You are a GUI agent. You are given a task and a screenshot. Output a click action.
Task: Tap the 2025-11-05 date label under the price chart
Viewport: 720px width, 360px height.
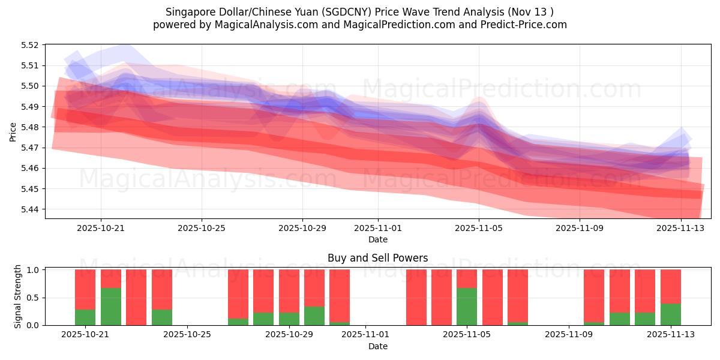(x=479, y=228)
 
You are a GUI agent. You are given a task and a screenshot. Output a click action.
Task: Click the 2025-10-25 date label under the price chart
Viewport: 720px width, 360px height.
(x=202, y=228)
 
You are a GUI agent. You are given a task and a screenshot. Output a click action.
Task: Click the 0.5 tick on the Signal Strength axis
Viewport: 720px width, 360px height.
(x=34, y=298)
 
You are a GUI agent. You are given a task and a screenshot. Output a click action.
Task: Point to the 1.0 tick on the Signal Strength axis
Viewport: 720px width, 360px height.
(x=34, y=270)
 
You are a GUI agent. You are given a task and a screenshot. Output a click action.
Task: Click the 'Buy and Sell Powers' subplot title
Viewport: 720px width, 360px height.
(x=377, y=259)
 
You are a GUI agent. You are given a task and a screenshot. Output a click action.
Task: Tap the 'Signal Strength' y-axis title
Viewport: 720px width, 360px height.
(x=18, y=296)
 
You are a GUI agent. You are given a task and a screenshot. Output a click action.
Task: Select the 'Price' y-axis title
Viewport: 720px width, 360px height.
(x=13, y=132)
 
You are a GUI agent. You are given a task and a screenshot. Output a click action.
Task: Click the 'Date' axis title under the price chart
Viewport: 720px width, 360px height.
(x=377, y=239)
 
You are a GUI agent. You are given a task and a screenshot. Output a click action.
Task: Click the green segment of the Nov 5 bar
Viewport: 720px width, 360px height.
(x=467, y=307)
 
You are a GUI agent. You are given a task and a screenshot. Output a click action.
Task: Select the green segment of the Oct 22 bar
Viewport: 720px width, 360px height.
(x=111, y=307)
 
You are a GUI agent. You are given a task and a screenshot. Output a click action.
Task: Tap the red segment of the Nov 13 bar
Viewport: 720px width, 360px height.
(x=671, y=286)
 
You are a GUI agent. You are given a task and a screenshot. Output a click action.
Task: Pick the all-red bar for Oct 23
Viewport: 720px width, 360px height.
(x=136, y=298)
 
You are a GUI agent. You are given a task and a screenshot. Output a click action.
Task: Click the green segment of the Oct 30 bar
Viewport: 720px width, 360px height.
(x=314, y=316)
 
